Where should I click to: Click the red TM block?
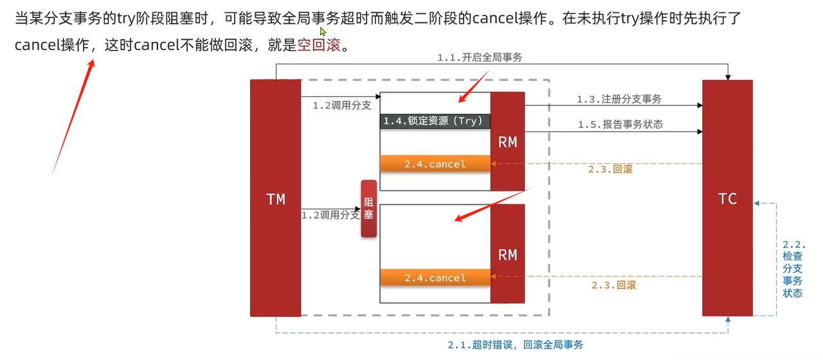pos(275,198)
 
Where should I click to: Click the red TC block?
pos(727,198)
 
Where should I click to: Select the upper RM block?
pos(507,141)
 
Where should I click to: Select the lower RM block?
pos(507,255)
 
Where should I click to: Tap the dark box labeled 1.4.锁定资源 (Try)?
pos(435,121)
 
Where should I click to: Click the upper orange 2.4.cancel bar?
pos(435,164)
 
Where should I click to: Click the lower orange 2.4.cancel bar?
pos(435,278)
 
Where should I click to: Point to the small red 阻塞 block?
pos(368,209)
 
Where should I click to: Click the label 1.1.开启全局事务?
pos(480,57)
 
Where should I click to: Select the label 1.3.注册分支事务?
pos(619,99)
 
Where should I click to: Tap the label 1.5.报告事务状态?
pos(619,125)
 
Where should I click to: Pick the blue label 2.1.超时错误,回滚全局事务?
pos(515,345)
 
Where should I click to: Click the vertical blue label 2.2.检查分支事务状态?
pos(793,269)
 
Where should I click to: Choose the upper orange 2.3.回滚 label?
pos(610,169)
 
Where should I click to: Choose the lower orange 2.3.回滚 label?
pos(613,284)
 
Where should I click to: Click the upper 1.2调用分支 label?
pos(341,105)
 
